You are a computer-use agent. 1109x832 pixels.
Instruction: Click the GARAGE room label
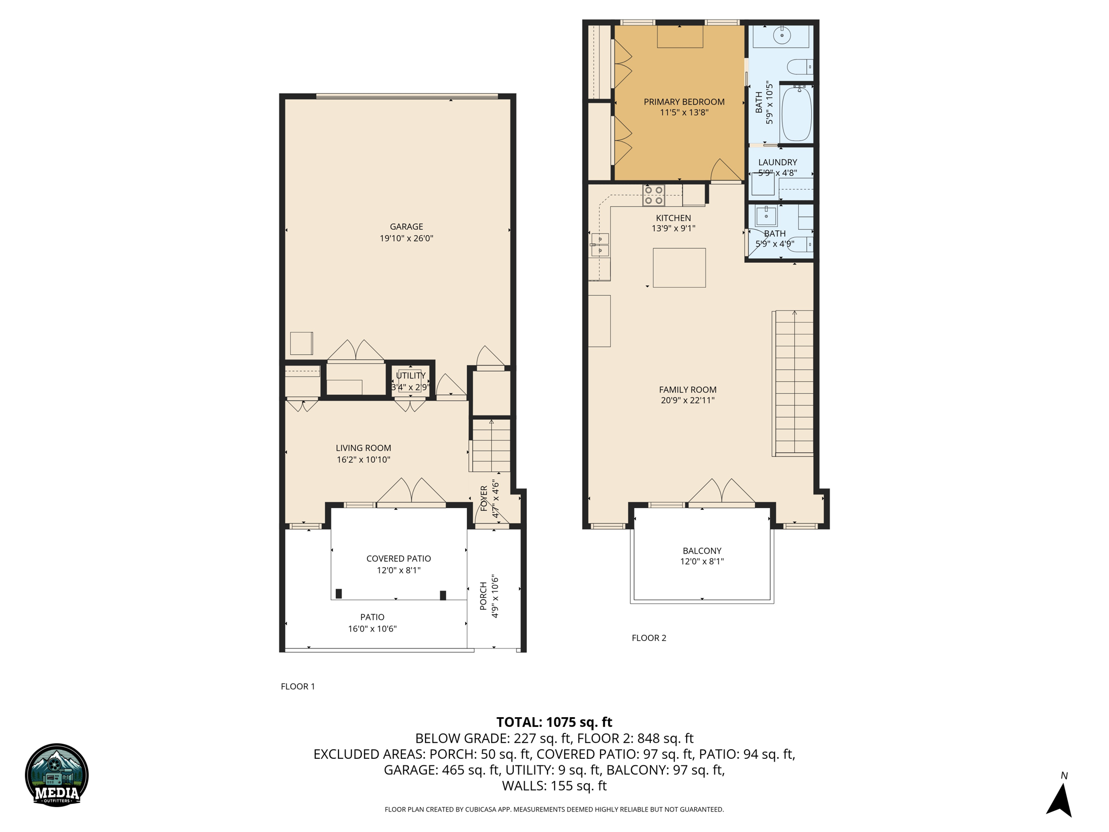tap(406, 226)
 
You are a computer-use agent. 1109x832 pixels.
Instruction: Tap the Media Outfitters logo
tap(57, 775)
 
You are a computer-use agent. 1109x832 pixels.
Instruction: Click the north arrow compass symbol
tap(1060, 799)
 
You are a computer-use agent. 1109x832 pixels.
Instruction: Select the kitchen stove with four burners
tap(654, 196)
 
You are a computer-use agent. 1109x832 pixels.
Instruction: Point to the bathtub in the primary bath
tap(797, 114)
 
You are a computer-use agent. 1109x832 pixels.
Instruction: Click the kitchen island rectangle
tap(679, 268)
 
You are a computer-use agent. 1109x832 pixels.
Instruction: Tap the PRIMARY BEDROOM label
tap(684, 102)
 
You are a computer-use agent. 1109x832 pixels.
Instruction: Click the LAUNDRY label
tap(778, 162)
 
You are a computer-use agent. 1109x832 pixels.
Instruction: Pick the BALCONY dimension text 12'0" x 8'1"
tap(702, 562)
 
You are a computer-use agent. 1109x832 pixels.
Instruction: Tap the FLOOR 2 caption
tap(649, 638)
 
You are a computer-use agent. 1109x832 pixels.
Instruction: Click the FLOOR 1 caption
tap(298, 686)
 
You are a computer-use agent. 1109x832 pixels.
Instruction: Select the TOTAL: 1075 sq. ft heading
tap(554, 722)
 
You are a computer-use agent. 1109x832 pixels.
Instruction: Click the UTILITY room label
tap(410, 375)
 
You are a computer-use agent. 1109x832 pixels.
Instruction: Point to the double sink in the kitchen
tap(600, 244)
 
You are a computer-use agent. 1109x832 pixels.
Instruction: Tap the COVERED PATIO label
tap(399, 558)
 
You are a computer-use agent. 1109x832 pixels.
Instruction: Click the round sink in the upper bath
tap(782, 36)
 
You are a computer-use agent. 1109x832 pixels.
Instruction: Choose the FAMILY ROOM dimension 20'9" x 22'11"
tap(688, 400)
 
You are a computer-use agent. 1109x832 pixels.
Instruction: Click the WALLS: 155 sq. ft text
tap(554, 785)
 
